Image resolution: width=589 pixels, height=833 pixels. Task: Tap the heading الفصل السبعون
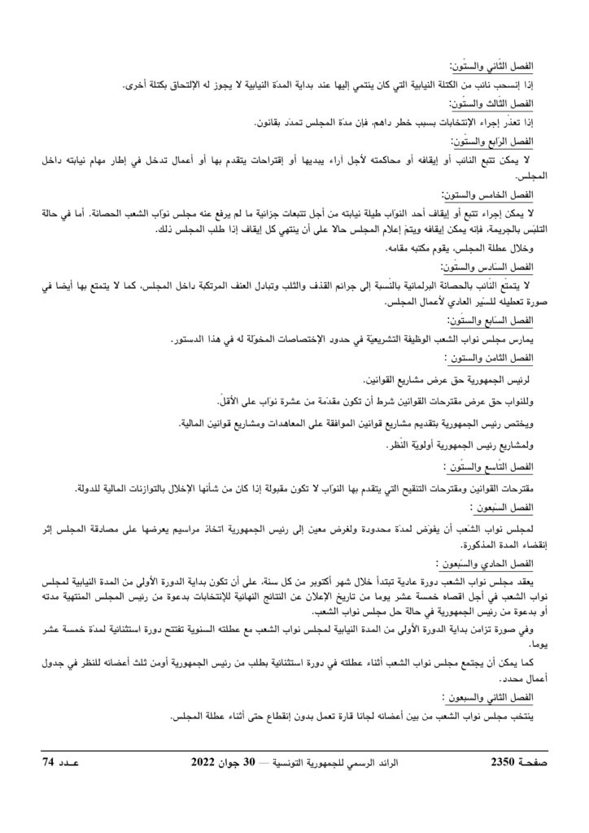point(504,507)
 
